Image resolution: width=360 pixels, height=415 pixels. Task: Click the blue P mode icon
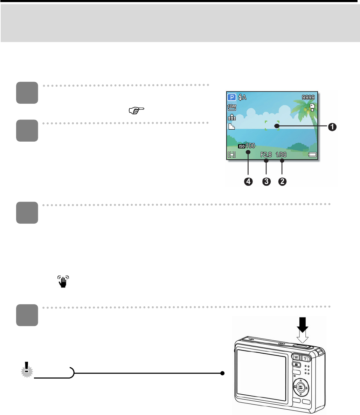coord(232,97)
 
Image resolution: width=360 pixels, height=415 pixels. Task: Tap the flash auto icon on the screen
coord(242,97)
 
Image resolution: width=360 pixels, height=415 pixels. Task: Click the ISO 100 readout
coord(247,146)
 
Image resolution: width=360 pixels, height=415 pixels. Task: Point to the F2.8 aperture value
coord(266,154)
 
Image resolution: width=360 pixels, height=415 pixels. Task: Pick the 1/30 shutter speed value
coord(281,154)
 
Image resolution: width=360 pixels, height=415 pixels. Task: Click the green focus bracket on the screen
coord(272,125)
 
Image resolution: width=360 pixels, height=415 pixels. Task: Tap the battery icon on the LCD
coord(312,154)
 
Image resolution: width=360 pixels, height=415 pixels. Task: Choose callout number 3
coord(266,182)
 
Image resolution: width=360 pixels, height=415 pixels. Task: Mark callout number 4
coord(248,182)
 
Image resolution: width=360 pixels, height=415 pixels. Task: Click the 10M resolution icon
coord(232,108)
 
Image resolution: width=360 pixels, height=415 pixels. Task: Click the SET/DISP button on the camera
coord(300,386)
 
